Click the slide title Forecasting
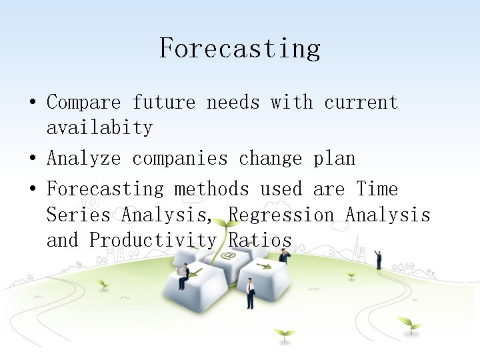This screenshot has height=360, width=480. coord(240,49)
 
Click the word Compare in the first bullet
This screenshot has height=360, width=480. coord(83,103)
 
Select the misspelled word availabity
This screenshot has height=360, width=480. coord(99,127)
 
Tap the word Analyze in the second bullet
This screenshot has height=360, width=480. coord(83,159)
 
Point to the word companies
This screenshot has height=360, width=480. coord(179,159)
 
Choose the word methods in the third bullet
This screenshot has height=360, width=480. coord(211,189)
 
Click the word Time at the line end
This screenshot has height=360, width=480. coord(377,189)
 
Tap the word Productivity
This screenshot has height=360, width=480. coord(153,240)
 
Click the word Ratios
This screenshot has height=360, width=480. coord(260,240)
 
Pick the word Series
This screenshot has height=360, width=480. coord(78,215)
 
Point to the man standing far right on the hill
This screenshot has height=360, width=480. coord(378,259)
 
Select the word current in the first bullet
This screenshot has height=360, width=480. coord(361,103)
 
